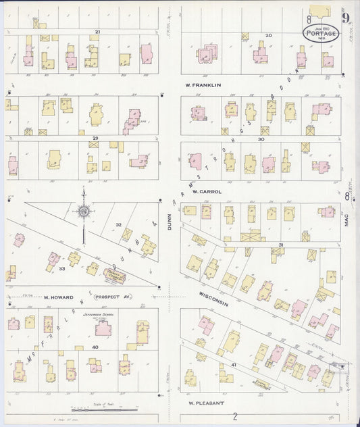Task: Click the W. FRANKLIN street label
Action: (x=203, y=85)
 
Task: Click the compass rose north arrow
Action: (x=84, y=211)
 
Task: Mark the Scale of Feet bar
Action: (x=98, y=409)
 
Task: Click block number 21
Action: (x=97, y=32)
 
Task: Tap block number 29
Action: (x=96, y=138)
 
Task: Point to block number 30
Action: (x=261, y=139)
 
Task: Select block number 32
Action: (x=118, y=224)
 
